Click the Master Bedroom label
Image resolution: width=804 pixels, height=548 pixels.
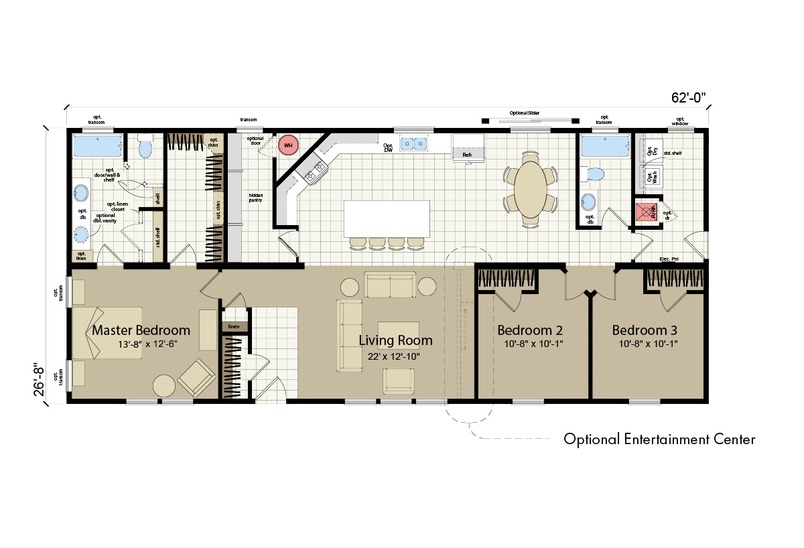click(x=141, y=330)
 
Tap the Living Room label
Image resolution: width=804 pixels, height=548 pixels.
click(x=395, y=340)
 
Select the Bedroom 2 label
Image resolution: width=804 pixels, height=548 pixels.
click(x=529, y=330)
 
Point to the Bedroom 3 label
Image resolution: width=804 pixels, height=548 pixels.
click(x=645, y=330)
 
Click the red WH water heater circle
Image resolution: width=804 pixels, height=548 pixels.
click(x=288, y=145)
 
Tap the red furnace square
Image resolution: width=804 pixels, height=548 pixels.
click(x=646, y=212)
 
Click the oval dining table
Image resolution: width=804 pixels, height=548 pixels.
click(x=530, y=185)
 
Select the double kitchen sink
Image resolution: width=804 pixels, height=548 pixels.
click(x=413, y=143)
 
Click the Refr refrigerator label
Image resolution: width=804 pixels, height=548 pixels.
click(x=467, y=155)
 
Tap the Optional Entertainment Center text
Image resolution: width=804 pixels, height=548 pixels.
click(x=659, y=439)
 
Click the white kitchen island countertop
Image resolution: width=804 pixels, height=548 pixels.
click(x=387, y=218)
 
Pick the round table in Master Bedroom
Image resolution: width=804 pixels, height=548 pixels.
click(x=164, y=386)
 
